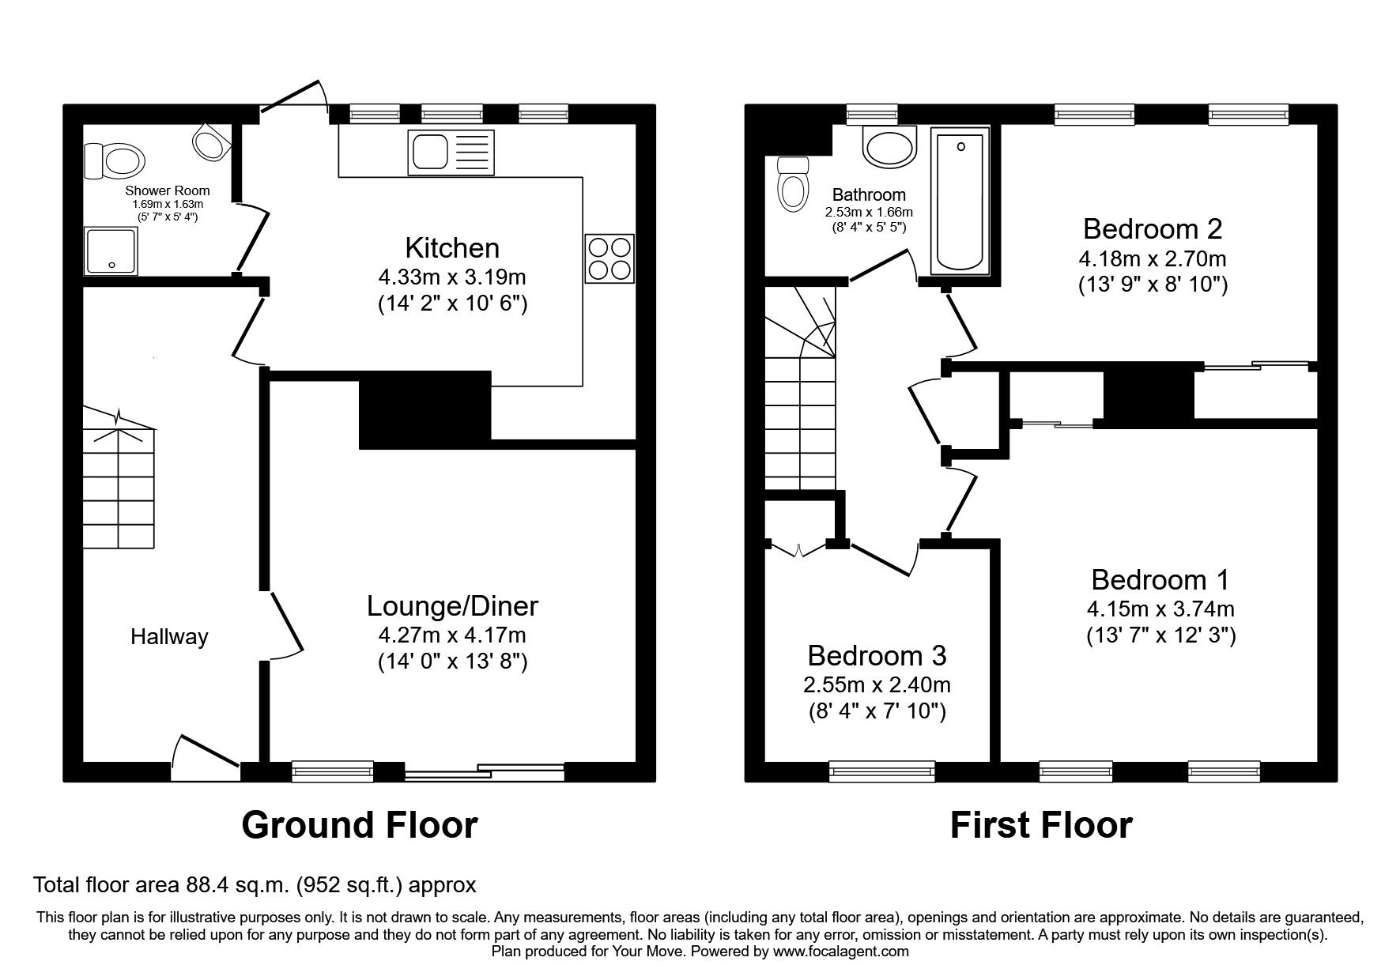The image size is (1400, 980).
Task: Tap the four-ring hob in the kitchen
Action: point(609,258)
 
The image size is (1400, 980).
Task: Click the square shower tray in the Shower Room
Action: point(111,251)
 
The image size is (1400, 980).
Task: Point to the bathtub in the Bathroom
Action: point(960,202)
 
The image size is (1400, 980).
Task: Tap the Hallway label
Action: point(169,637)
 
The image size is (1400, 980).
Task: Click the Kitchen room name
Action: point(452,248)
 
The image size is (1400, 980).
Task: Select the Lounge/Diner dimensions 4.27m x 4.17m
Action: point(452,635)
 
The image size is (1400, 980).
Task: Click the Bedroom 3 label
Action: point(877,656)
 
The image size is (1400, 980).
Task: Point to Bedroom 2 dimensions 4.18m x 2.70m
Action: point(1153,258)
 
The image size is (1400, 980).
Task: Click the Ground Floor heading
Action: point(360,825)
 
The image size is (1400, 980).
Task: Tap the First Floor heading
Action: point(1040,825)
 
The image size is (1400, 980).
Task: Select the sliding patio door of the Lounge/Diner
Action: point(484,772)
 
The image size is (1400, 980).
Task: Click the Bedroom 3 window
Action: point(881,771)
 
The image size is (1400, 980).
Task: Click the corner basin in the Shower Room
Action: point(209,143)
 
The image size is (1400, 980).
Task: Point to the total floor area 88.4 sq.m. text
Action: point(255,884)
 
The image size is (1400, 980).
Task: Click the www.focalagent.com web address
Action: point(840,952)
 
